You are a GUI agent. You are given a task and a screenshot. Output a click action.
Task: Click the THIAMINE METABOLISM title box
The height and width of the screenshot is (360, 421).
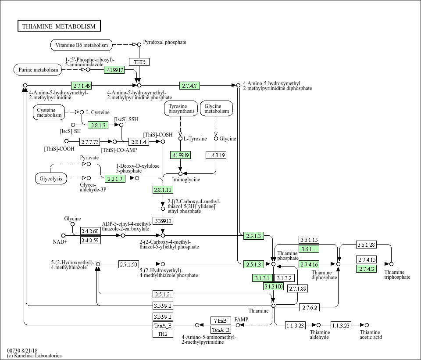click(x=59, y=26)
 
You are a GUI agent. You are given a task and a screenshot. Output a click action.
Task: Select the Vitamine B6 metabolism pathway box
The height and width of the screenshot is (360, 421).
click(x=82, y=45)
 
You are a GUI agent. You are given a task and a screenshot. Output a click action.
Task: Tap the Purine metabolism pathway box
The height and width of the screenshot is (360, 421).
click(x=39, y=70)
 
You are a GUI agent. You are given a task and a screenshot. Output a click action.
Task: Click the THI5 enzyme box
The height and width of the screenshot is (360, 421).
click(x=139, y=62)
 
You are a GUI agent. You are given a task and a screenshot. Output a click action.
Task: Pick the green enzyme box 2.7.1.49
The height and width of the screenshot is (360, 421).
click(x=82, y=86)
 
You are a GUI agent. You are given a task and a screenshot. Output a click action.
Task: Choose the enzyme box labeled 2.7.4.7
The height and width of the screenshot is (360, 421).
click(x=190, y=86)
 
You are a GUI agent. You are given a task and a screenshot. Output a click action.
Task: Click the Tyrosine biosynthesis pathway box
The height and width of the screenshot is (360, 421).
click(x=181, y=109)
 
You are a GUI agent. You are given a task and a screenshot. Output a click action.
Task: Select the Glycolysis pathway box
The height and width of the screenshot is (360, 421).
click(x=51, y=179)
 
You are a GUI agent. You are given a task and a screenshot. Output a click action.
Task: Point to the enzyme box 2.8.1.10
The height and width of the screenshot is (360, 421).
click(x=163, y=190)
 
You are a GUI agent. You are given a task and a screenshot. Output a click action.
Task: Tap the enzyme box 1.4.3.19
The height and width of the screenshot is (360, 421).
click(x=216, y=155)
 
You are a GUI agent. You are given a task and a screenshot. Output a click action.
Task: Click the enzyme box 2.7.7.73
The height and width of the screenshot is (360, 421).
click(x=90, y=142)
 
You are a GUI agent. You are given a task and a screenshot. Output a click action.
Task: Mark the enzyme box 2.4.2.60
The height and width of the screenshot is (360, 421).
click(x=90, y=231)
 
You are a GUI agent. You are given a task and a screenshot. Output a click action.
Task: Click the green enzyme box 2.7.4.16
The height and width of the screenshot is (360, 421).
click(x=309, y=264)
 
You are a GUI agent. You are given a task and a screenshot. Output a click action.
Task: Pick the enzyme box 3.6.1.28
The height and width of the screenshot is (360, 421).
click(x=366, y=245)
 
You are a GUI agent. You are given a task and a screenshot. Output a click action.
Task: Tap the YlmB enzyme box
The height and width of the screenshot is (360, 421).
click(x=221, y=320)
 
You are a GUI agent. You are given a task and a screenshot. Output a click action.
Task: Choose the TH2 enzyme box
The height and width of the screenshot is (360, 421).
click(x=162, y=334)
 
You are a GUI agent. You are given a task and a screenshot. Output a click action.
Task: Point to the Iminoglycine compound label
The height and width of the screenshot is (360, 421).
click(x=186, y=180)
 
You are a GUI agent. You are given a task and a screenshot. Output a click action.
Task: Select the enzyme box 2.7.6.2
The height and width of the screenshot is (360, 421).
click(x=309, y=308)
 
